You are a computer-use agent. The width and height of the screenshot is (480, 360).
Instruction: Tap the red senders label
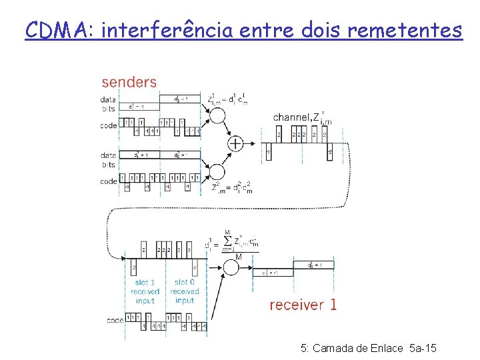129,82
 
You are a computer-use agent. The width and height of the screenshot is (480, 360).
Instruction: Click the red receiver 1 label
303,305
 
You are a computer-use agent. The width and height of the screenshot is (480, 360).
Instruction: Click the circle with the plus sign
235,143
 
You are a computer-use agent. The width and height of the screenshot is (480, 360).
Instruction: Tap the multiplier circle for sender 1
217,115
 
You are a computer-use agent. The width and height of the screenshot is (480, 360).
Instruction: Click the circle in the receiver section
231,268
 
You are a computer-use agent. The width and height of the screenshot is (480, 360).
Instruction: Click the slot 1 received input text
145,291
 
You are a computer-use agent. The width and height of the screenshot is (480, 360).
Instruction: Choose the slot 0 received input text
184,291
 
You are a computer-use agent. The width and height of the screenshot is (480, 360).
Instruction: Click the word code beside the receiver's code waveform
115,321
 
